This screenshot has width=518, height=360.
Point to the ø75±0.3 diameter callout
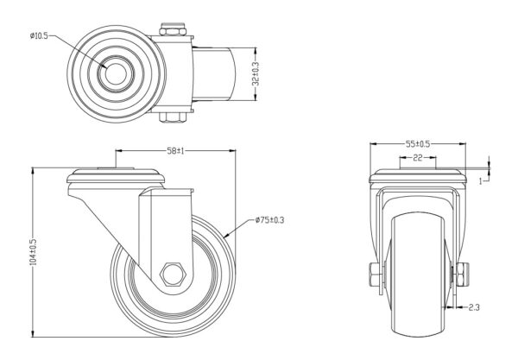pos(269,221)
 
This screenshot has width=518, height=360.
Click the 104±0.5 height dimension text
pos(33,251)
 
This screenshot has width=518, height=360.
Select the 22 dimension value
pos(416,159)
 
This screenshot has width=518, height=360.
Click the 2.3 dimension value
pos(475,306)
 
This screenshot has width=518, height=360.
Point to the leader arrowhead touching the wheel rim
pos(227,233)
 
